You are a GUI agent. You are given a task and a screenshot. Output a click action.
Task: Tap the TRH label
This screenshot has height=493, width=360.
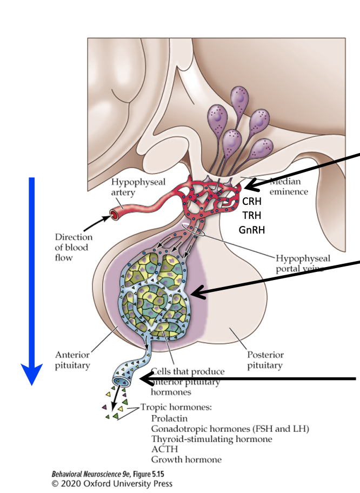(x=252, y=216)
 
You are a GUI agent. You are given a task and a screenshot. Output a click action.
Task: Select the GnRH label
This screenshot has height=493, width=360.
(x=252, y=230)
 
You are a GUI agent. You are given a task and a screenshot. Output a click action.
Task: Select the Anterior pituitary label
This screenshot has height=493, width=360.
(x=72, y=360)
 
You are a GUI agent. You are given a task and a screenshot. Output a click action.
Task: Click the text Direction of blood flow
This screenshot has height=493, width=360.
(x=74, y=247)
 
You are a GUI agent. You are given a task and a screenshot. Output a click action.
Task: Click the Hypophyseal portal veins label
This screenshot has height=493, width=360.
(x=303, y=263)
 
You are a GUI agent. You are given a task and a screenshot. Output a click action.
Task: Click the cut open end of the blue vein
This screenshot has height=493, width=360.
(x=118, y=382)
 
